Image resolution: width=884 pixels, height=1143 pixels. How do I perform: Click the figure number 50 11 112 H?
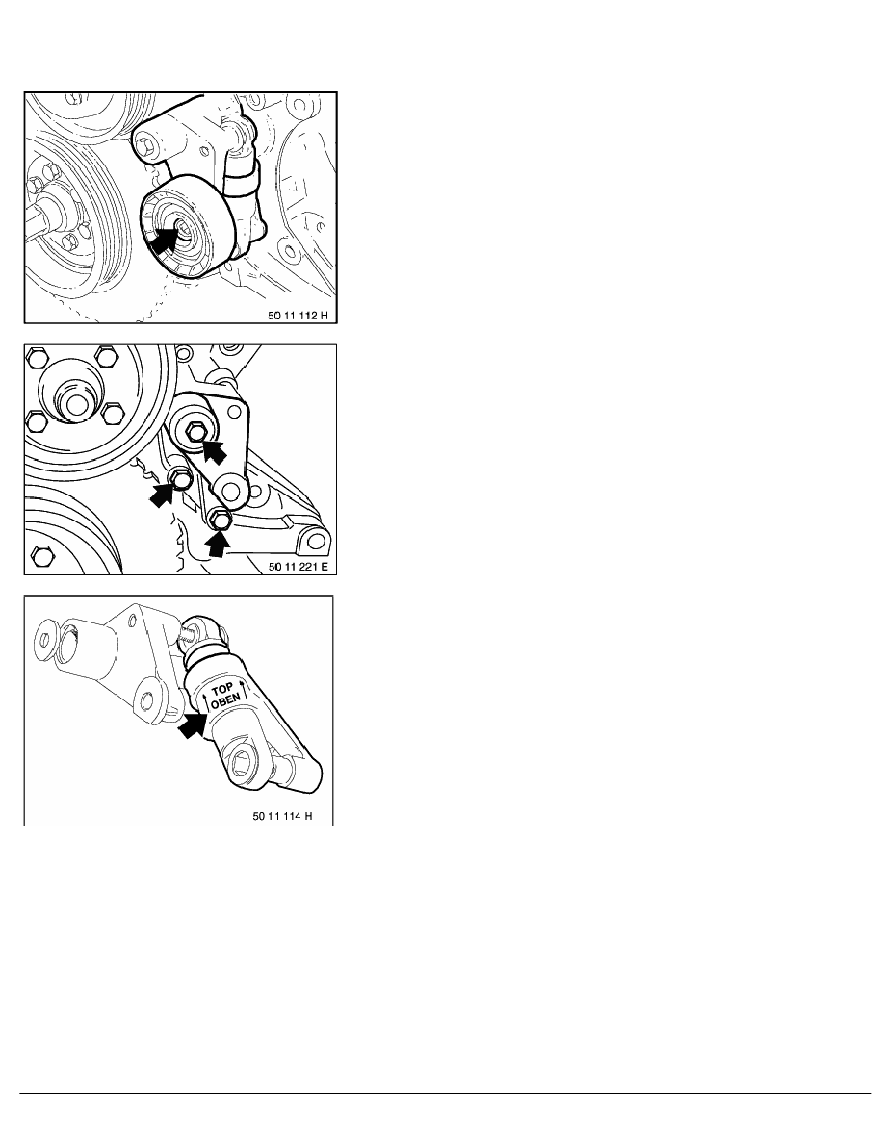[298, 316]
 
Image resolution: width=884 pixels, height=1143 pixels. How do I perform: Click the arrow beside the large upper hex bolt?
[215, 449]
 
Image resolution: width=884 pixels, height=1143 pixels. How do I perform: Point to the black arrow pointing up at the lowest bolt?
[218, 545]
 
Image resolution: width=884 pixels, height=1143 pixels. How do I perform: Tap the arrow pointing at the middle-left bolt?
[163, 494]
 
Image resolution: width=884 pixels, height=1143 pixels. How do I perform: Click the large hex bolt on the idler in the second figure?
[195, 432]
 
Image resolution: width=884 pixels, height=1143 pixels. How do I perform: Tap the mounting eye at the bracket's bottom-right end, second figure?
[314, 540]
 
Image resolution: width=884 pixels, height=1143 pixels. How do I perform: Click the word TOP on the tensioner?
[221, 688]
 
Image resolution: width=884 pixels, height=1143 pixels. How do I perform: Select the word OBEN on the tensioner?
[224, 701]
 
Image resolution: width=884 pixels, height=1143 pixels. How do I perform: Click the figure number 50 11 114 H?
[282, 816]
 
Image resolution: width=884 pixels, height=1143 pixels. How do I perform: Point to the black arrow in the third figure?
[192, 724]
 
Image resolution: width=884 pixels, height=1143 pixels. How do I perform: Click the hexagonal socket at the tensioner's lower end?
[242, 766]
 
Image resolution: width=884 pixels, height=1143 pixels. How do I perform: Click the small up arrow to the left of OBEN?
[206, 700]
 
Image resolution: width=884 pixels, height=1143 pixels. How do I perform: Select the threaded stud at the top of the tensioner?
[187, 630]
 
